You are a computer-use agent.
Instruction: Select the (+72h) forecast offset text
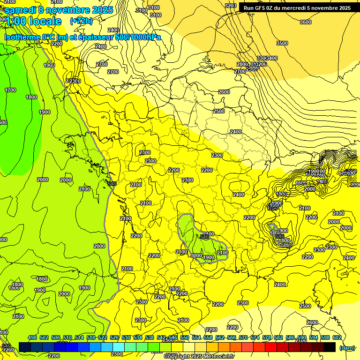coord(81,21)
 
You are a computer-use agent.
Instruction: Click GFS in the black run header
coord(261,8)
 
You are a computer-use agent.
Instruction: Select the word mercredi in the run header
coord(300,8)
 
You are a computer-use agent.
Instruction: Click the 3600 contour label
coord(305,22)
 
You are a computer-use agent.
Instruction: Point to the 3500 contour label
coord(282,43)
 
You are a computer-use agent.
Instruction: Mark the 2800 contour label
coord(242,64)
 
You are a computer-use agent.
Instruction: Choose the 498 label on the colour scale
coord(32,337)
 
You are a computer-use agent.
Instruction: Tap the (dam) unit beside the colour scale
coord(346,347)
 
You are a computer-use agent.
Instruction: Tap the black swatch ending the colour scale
coord(329,347)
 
